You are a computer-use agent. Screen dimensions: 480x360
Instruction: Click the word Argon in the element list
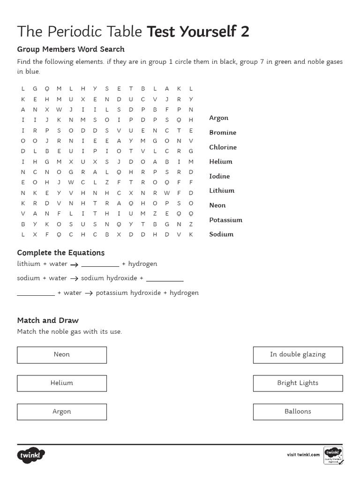218,118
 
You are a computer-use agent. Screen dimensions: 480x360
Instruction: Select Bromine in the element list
223,133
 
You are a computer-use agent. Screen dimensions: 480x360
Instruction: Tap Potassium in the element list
225,220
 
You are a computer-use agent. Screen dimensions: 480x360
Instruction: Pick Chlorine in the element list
223,147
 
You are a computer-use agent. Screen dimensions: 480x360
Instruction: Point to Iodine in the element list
219,176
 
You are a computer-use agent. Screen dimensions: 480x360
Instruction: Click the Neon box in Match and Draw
62,355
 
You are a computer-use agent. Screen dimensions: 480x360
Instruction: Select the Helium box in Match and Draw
62,383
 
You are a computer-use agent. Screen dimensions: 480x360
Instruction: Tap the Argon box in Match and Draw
62,412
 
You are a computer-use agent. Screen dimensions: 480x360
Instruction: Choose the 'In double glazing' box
298,355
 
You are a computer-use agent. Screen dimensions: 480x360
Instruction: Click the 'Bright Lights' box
298,383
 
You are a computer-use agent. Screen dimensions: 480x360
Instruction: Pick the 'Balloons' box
298,412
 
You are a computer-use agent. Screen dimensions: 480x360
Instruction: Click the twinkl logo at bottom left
31,455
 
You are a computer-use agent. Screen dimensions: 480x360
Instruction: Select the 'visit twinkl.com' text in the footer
303,455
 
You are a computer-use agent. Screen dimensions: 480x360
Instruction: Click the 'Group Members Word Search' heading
71,49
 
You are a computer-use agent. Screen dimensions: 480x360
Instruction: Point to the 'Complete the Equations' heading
61,253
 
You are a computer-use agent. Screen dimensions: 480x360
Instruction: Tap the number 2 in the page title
245,31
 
